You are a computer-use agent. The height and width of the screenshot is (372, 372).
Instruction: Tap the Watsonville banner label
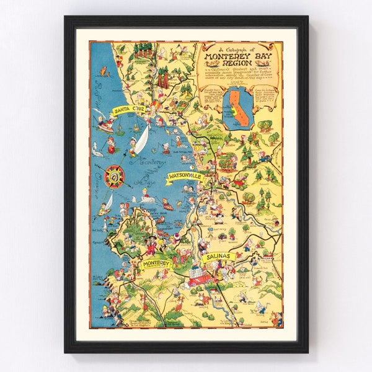pos(185,177)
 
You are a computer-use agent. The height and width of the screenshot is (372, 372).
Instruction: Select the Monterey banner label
pos(156,265)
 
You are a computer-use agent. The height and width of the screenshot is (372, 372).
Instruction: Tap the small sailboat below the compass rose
pos(107,203)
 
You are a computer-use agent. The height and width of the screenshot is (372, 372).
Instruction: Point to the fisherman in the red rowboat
pos(105,126)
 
